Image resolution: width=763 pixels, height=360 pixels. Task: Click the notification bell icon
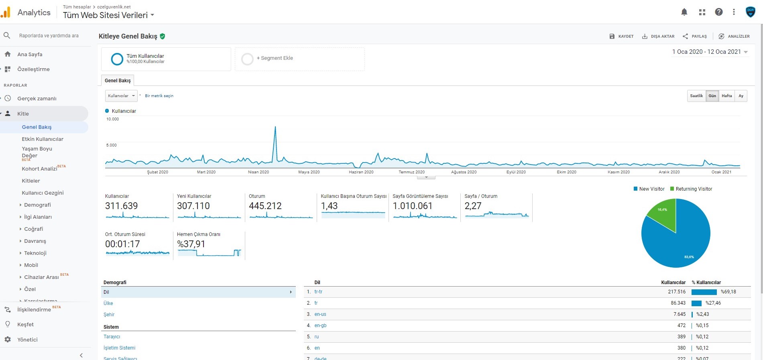tap(684, 12)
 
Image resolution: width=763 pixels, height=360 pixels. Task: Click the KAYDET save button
tap(621, 36)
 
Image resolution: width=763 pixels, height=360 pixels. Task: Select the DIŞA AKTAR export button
tap(658, 36)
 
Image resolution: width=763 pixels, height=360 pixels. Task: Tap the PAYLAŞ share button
tap(695, 36)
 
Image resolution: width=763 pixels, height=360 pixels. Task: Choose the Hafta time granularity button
tap(727, 96)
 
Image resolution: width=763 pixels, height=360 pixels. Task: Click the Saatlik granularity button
tap(696, 96)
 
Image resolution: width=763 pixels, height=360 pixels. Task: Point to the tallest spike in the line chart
tap(275, 127)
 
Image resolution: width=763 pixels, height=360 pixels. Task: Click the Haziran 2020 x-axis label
tap(361, 172)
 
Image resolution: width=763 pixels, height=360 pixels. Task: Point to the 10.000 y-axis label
tap(113, 119)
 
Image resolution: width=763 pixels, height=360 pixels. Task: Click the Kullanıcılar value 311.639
tap(121, 206)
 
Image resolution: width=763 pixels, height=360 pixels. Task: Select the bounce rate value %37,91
tap(191, 244)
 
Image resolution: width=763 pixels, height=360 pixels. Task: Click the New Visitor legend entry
tap(649, 189)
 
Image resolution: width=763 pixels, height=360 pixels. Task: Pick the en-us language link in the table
tap(320, 314)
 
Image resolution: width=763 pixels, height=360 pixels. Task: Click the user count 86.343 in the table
tap(678, 303)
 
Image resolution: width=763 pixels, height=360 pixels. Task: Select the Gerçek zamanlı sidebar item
tap(37, 98)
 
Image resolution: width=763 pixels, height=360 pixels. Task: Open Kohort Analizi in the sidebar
tap(39, 169)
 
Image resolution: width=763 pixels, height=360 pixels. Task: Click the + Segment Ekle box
tap(300, 59)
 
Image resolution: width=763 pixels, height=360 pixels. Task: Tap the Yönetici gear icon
tap(8, 340)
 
